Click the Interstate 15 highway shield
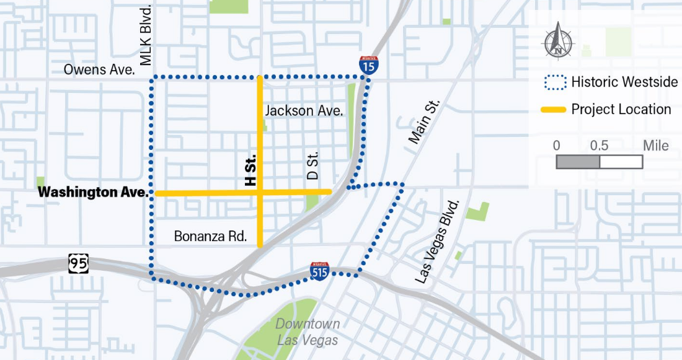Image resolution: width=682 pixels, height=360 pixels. pos(369,64)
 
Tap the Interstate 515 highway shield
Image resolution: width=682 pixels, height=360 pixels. pos(320,271)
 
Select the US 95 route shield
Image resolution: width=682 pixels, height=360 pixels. pos(78,264)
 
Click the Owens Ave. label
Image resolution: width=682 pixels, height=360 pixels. pos(99,69)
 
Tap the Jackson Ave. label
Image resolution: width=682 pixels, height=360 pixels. pos(304,111)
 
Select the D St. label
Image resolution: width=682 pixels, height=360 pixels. pos(313,166)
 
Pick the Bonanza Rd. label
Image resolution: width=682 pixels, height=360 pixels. pos(211,236)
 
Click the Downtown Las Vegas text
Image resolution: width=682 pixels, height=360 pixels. pos(308,332)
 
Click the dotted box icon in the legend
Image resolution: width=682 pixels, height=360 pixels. pos(554,82)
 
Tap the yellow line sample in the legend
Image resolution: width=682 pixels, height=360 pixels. pos(554,110)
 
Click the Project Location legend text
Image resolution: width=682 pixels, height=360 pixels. pos(621,110)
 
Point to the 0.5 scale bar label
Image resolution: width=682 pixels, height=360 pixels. pos(599,146)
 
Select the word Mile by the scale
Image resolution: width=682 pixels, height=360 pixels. pos(655,146)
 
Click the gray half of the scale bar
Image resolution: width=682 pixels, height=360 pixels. pos(578,162)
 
